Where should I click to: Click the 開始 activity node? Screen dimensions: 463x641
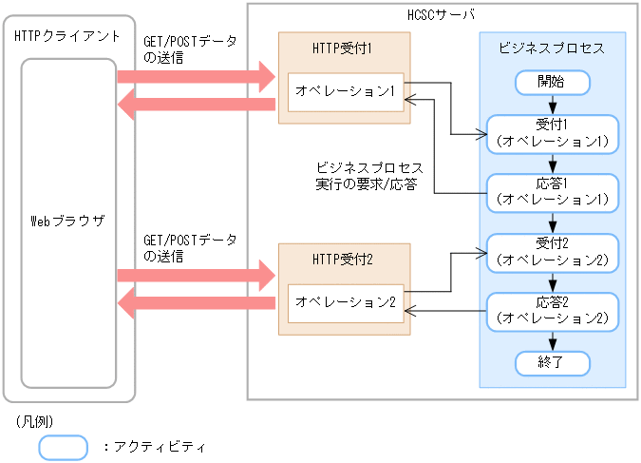tap(552, 83)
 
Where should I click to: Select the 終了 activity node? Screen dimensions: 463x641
tap(552, 362)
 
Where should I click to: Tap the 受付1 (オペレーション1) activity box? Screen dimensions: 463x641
tap(552, 133)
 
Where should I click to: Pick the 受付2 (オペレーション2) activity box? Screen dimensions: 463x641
tap(552, 250)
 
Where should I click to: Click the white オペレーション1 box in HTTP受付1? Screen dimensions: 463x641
tap(346, 92)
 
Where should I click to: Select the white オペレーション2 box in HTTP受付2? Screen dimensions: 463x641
tap(346, 302)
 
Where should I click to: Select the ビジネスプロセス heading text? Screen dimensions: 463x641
tap(552, 48)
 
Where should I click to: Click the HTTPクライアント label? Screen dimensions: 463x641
tap(67, 36)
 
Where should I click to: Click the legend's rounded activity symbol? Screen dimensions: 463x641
tap(63, 446)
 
